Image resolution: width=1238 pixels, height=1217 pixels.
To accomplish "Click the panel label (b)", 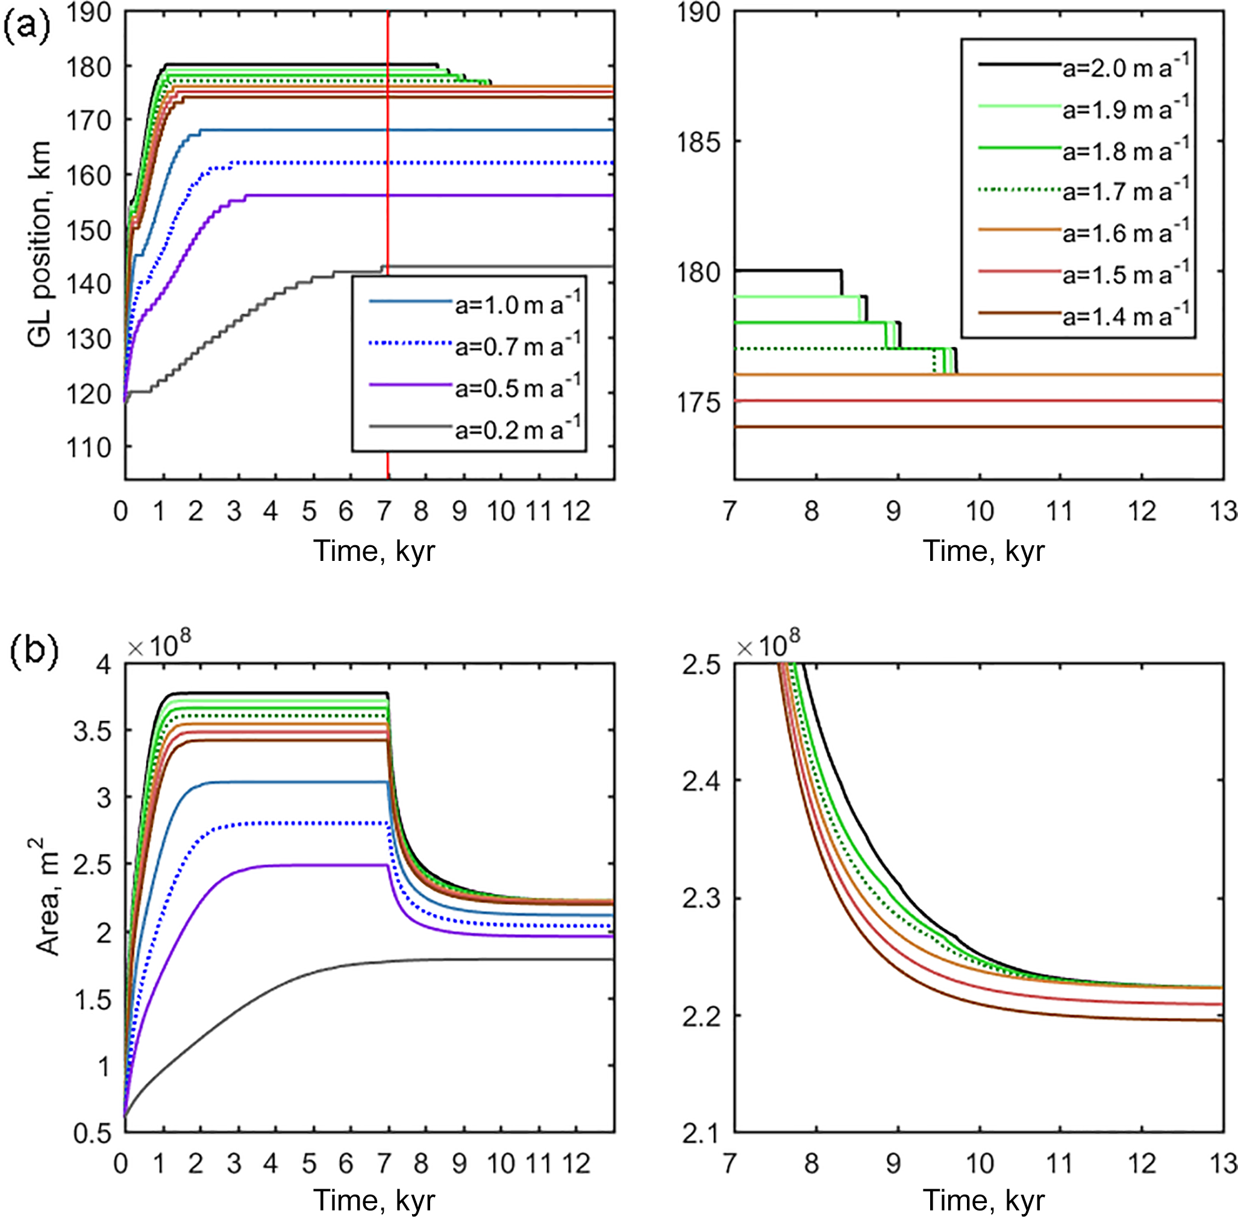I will click(x=34, y=652).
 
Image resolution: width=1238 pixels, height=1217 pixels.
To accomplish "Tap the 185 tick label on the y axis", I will click(x=699, y=142).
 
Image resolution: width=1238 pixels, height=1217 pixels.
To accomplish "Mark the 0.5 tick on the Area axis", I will click(x=92, y=1133).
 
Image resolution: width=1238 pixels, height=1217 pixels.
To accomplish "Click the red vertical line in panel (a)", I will click(x=387, y=192).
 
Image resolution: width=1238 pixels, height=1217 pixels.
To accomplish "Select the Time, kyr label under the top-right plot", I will click(x=983, y=551).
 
